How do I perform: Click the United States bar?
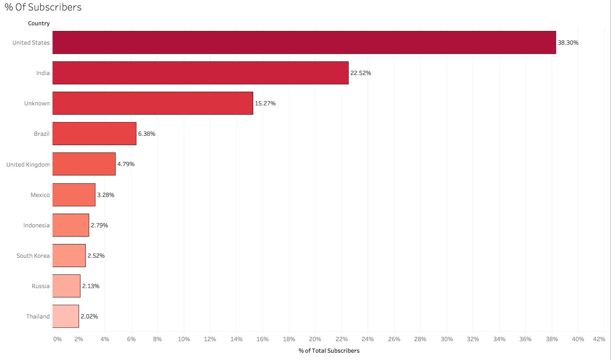(304, 42)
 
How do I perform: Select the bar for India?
(200, 73)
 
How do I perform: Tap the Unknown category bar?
(153, 103)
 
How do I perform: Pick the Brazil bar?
(94, 134)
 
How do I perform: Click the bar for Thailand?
(65, 316)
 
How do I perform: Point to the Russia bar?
(66, 286)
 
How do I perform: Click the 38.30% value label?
(568, 43)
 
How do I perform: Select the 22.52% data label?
(361, 73)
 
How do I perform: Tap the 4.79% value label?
(126, 164)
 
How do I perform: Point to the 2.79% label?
(99, 225)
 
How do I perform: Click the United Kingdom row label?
(28, 164)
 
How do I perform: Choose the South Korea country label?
(33, 255)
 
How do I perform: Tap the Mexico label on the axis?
(40, 195)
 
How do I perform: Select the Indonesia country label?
(36, 225)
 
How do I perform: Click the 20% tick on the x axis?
(315, 339)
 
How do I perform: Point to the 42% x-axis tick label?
(599, 339)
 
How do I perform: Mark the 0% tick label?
(57, 339)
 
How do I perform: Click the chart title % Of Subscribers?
(43, 7)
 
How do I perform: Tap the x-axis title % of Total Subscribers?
(329, 351)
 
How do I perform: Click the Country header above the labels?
(39, 24)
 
